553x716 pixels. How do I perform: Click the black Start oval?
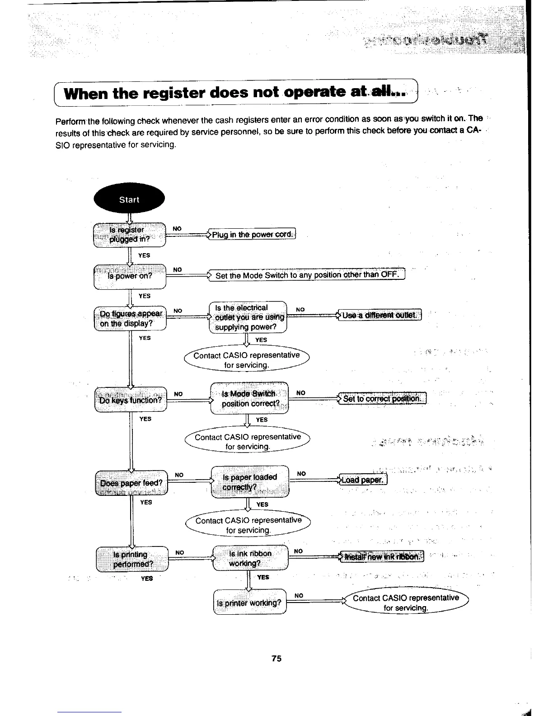point(129,200)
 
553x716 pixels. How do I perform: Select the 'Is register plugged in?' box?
point(129,235)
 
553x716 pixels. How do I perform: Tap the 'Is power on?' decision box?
point(130,276)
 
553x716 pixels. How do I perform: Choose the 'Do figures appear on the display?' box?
point(130,318)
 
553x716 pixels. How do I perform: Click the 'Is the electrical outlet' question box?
point(248,317)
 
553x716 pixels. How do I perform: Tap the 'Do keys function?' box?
point(131,400)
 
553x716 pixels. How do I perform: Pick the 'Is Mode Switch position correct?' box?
point(250,398)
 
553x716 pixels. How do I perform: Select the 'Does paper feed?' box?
point(131,483)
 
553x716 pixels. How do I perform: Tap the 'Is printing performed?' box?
point(131,559)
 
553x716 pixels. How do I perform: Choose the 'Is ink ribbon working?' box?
point(250,558)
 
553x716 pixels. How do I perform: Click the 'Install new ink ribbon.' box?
point(384,556)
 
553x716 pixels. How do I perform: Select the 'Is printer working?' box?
point(249,602)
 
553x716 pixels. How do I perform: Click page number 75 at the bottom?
point(276,659)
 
